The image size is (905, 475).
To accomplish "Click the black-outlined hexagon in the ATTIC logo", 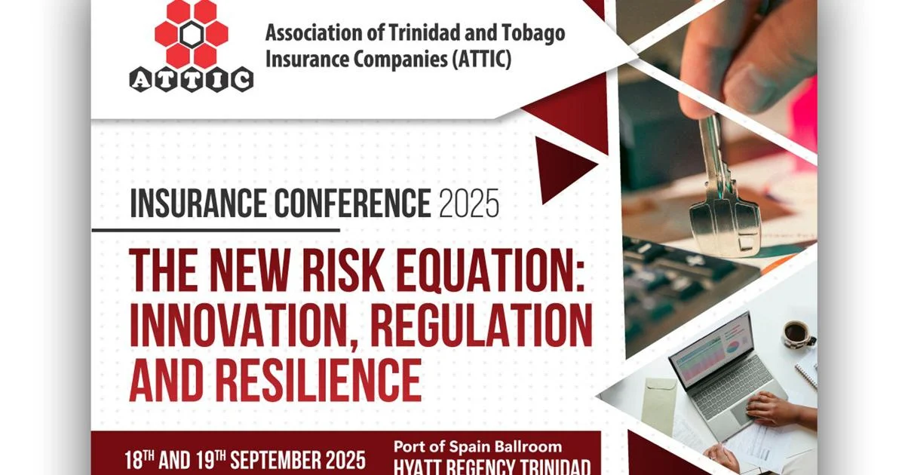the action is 192,35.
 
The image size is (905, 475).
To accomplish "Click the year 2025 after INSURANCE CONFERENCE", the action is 469,204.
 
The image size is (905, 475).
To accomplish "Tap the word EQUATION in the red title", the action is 490,270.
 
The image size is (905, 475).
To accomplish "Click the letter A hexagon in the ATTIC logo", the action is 140,80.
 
